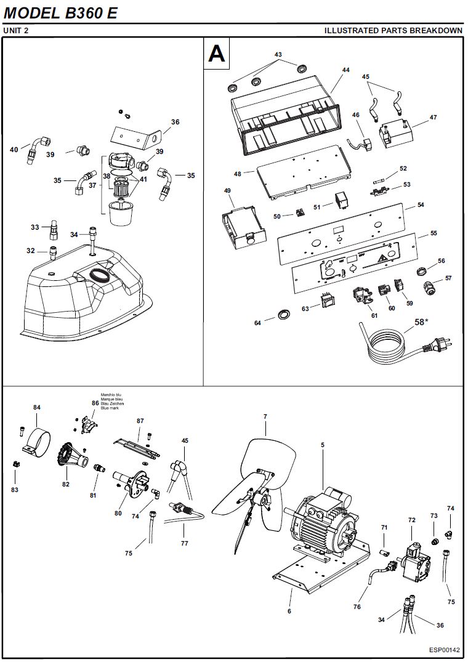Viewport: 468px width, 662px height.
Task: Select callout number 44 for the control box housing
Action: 345,70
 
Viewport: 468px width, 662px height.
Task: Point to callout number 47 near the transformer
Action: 434,117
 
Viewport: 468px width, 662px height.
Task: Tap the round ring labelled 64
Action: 283,314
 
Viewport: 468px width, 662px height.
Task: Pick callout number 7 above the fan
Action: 265,417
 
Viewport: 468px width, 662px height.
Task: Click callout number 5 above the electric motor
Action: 322,444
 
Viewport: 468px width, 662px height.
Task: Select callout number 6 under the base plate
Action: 289,612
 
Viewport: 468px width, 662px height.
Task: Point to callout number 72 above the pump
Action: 412,520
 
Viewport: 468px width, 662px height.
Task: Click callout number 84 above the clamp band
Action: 37,408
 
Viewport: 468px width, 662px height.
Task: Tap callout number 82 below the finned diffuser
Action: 66,484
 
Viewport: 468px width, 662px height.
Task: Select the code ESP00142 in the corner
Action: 445,650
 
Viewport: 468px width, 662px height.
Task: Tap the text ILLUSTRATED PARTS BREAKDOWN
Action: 393,30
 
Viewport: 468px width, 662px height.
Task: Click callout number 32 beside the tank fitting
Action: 30,251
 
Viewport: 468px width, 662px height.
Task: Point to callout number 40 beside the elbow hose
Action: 14,150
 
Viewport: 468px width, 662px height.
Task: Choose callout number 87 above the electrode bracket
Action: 140,421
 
